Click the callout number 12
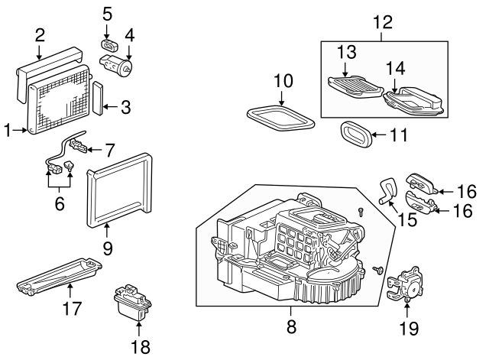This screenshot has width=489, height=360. (383, 22)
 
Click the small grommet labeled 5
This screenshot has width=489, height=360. (110, 46)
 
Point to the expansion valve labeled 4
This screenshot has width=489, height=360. (115, 63)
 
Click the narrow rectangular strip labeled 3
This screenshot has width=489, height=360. (99, 99)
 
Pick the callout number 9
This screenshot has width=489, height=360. (107, 248)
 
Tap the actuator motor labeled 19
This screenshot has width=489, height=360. (406, 284)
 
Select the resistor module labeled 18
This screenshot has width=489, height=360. (132, 303)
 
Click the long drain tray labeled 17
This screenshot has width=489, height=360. (60, 277)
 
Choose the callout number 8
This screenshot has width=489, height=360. (290, 327)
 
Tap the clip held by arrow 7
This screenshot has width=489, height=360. (79, 146)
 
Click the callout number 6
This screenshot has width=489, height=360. (60, 204)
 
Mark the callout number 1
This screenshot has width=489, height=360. (8, 130)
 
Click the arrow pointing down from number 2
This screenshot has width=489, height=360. (39, 52)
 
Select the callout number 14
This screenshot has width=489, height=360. (396, 68)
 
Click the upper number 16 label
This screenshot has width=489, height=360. (467, 191)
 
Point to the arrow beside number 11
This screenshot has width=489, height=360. (379, 135)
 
